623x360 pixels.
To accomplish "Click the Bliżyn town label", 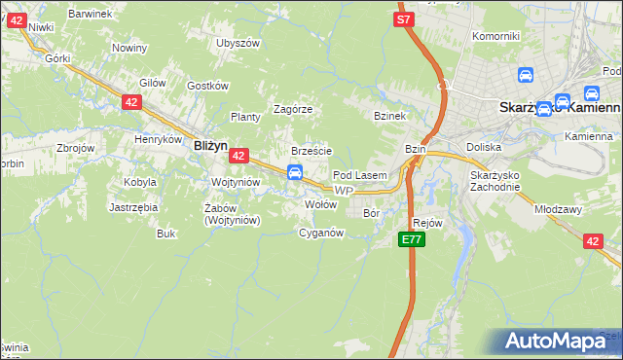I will [x=210, y=144].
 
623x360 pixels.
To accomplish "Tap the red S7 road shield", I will [x=405, y=18].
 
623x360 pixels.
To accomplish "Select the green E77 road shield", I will [x=412, y=239].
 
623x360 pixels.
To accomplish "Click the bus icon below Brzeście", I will [x=293, y=172].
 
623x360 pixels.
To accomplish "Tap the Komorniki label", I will [x=495, y=36].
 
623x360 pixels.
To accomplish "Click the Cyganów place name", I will [x=321, y=233].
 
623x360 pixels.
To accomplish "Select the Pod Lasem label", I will [x=360, y=175].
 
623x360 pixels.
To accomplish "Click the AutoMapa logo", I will [x=562, y=342].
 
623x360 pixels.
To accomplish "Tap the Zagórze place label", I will [x=292, y=109].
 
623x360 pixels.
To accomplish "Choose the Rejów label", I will [x=428, y=223].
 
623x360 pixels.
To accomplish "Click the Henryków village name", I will [x=159, y=139].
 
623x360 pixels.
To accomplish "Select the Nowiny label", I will [x=128, y=48].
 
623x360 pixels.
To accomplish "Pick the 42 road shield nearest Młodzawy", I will [x=593, y=241].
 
